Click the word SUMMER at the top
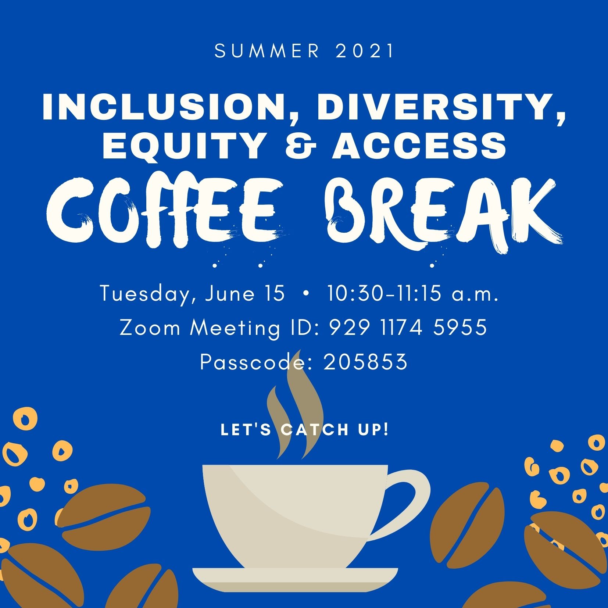(x=267, y=51)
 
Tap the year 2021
(x=365, y=51)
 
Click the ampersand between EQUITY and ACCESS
(x=300, y=146)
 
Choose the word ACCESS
(x=419, y=146)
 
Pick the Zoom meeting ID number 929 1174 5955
(x=408, y=327)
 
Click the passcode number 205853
(x=366, y=362)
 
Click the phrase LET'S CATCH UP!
(x=305, y=430)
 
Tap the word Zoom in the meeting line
(x=150, y=328)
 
